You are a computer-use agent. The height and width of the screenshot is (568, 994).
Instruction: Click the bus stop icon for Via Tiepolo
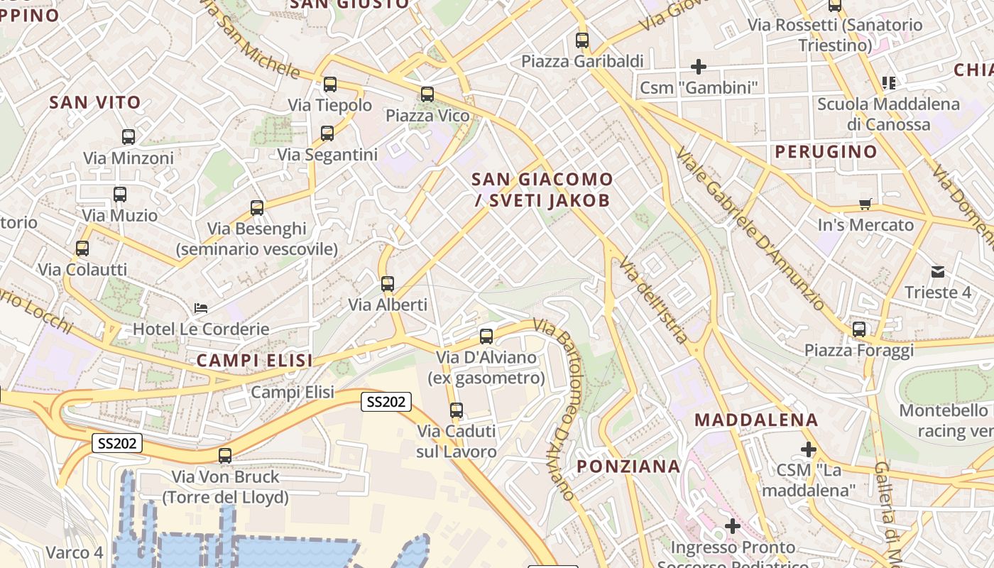(330, 84)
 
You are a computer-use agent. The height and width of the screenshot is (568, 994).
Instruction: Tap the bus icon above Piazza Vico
(427, 94)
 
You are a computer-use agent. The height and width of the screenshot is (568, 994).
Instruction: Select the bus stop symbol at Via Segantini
(327, 133)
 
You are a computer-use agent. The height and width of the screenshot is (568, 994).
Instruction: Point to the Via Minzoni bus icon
(129, 137)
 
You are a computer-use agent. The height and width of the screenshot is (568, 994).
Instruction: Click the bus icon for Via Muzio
(120, 194)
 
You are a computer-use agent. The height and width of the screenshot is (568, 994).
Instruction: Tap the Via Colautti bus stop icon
(82, 248)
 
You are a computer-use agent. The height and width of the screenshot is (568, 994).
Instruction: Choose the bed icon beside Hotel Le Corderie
(201, 308)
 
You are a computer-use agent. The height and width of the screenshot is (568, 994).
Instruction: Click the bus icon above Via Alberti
(388, 284)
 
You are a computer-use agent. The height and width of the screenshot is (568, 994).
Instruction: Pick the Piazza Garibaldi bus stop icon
(582, 40)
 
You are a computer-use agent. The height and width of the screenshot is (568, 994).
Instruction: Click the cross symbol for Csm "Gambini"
(699, 67)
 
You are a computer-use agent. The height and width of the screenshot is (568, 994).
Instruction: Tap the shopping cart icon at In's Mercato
(865, 204)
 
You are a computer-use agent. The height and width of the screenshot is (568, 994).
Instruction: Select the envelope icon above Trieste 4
(938, 271)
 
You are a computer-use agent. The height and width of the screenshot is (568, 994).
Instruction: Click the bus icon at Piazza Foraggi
(859, 329)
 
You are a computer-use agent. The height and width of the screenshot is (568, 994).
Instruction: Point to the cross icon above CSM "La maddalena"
(808, 449)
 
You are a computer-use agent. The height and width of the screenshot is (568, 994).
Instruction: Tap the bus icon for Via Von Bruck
(225, 456)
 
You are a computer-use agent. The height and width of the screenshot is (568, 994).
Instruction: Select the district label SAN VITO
(95, 102)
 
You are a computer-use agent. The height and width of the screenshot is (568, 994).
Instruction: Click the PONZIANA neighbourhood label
(628, 466)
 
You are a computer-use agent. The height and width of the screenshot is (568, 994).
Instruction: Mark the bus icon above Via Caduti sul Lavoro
(457, 410)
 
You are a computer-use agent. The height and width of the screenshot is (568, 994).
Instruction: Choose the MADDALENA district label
(756, 420)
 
